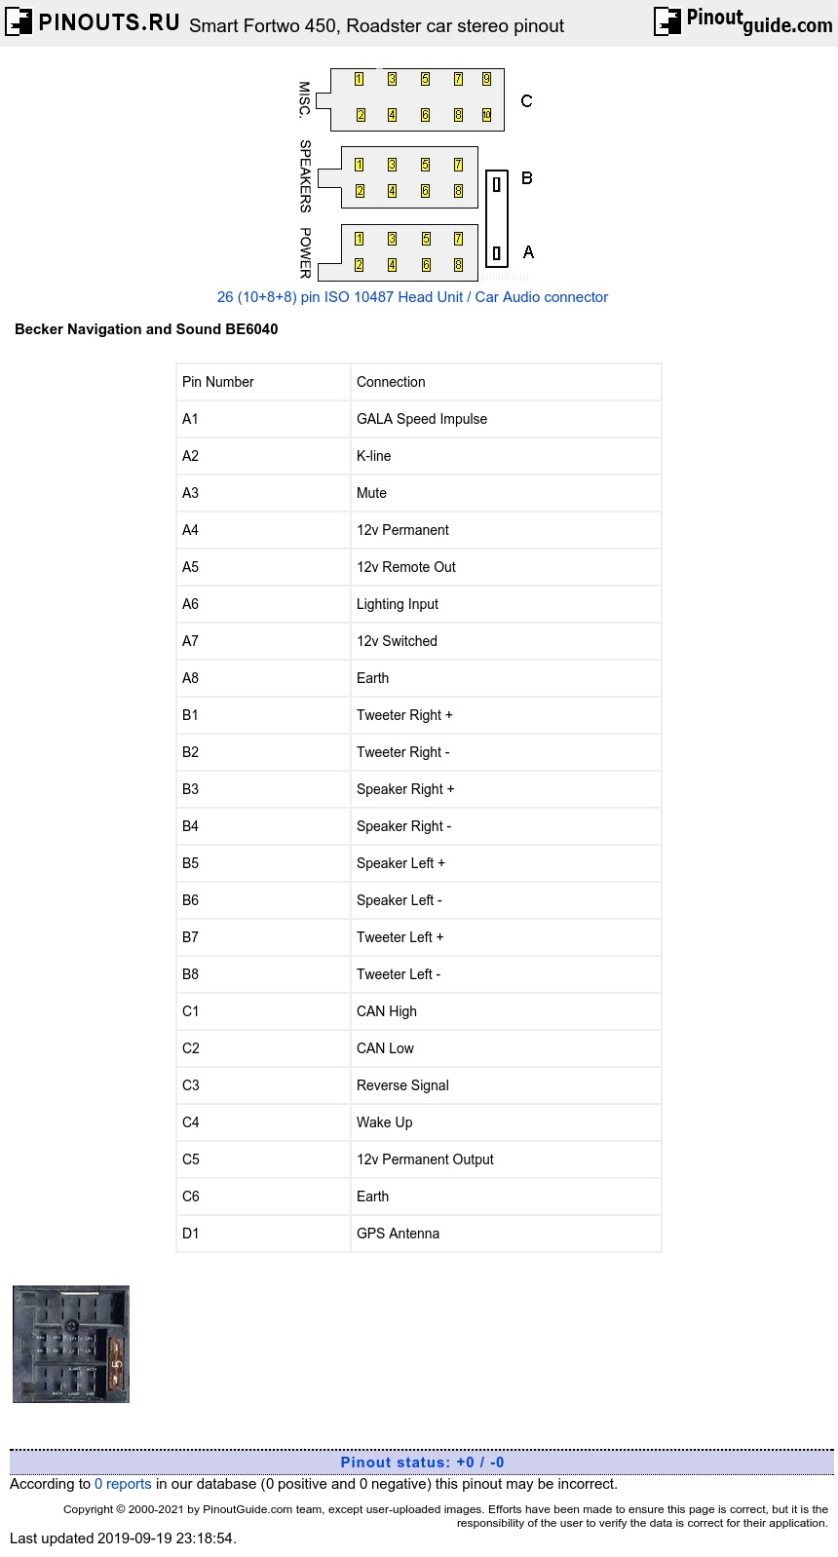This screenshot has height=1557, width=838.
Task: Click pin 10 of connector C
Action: pyautogui.click(x=486, y=115)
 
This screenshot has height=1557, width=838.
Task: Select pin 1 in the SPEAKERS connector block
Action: pyautogui.click(x=359, y=165)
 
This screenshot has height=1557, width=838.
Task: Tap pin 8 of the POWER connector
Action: pyautogui.click(x=458, y=265)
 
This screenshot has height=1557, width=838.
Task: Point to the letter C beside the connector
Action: pyautogui.click(x=526, y=101)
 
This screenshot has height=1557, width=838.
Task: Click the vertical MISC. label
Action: pyautogui.click(x=304, y=99)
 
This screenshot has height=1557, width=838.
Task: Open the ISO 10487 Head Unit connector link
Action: pyautogui.click(x=412, y=297)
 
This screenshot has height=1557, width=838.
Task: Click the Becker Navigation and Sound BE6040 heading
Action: pyautogui.click(x=146, y=329)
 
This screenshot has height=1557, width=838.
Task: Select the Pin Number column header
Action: pyautogui.click(x=218, y=382)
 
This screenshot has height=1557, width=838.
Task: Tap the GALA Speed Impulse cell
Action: pyautogui.click(x=422, y=419)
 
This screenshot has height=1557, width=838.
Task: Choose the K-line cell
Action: pyautogui.click(x=374, y=456)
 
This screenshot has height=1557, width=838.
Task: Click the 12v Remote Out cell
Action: pyautogui.click(x=406, y=567)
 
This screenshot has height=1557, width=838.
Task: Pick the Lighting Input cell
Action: pyautogui.click(x=398, y=604)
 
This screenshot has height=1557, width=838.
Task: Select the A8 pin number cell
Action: pyautogui.click(x=191, y=678)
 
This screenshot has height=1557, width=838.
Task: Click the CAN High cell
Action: pyautogui.click(x=387, y=1011)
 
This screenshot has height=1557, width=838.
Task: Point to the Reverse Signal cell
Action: pyautogui.click(x=402, y=1085)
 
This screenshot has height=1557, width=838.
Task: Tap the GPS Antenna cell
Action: pyautogui.click(x=398, y=1234)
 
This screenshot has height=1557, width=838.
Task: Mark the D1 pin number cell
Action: pyautogui.click(x=191, y=1234)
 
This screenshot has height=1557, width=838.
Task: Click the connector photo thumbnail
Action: pyautogui.click(x=71, y=1344)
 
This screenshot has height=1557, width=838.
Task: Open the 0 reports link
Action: pyautogui.click(x=123, y=1484)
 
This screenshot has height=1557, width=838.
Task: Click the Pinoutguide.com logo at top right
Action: pyautogui.click(x=743, y=20)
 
